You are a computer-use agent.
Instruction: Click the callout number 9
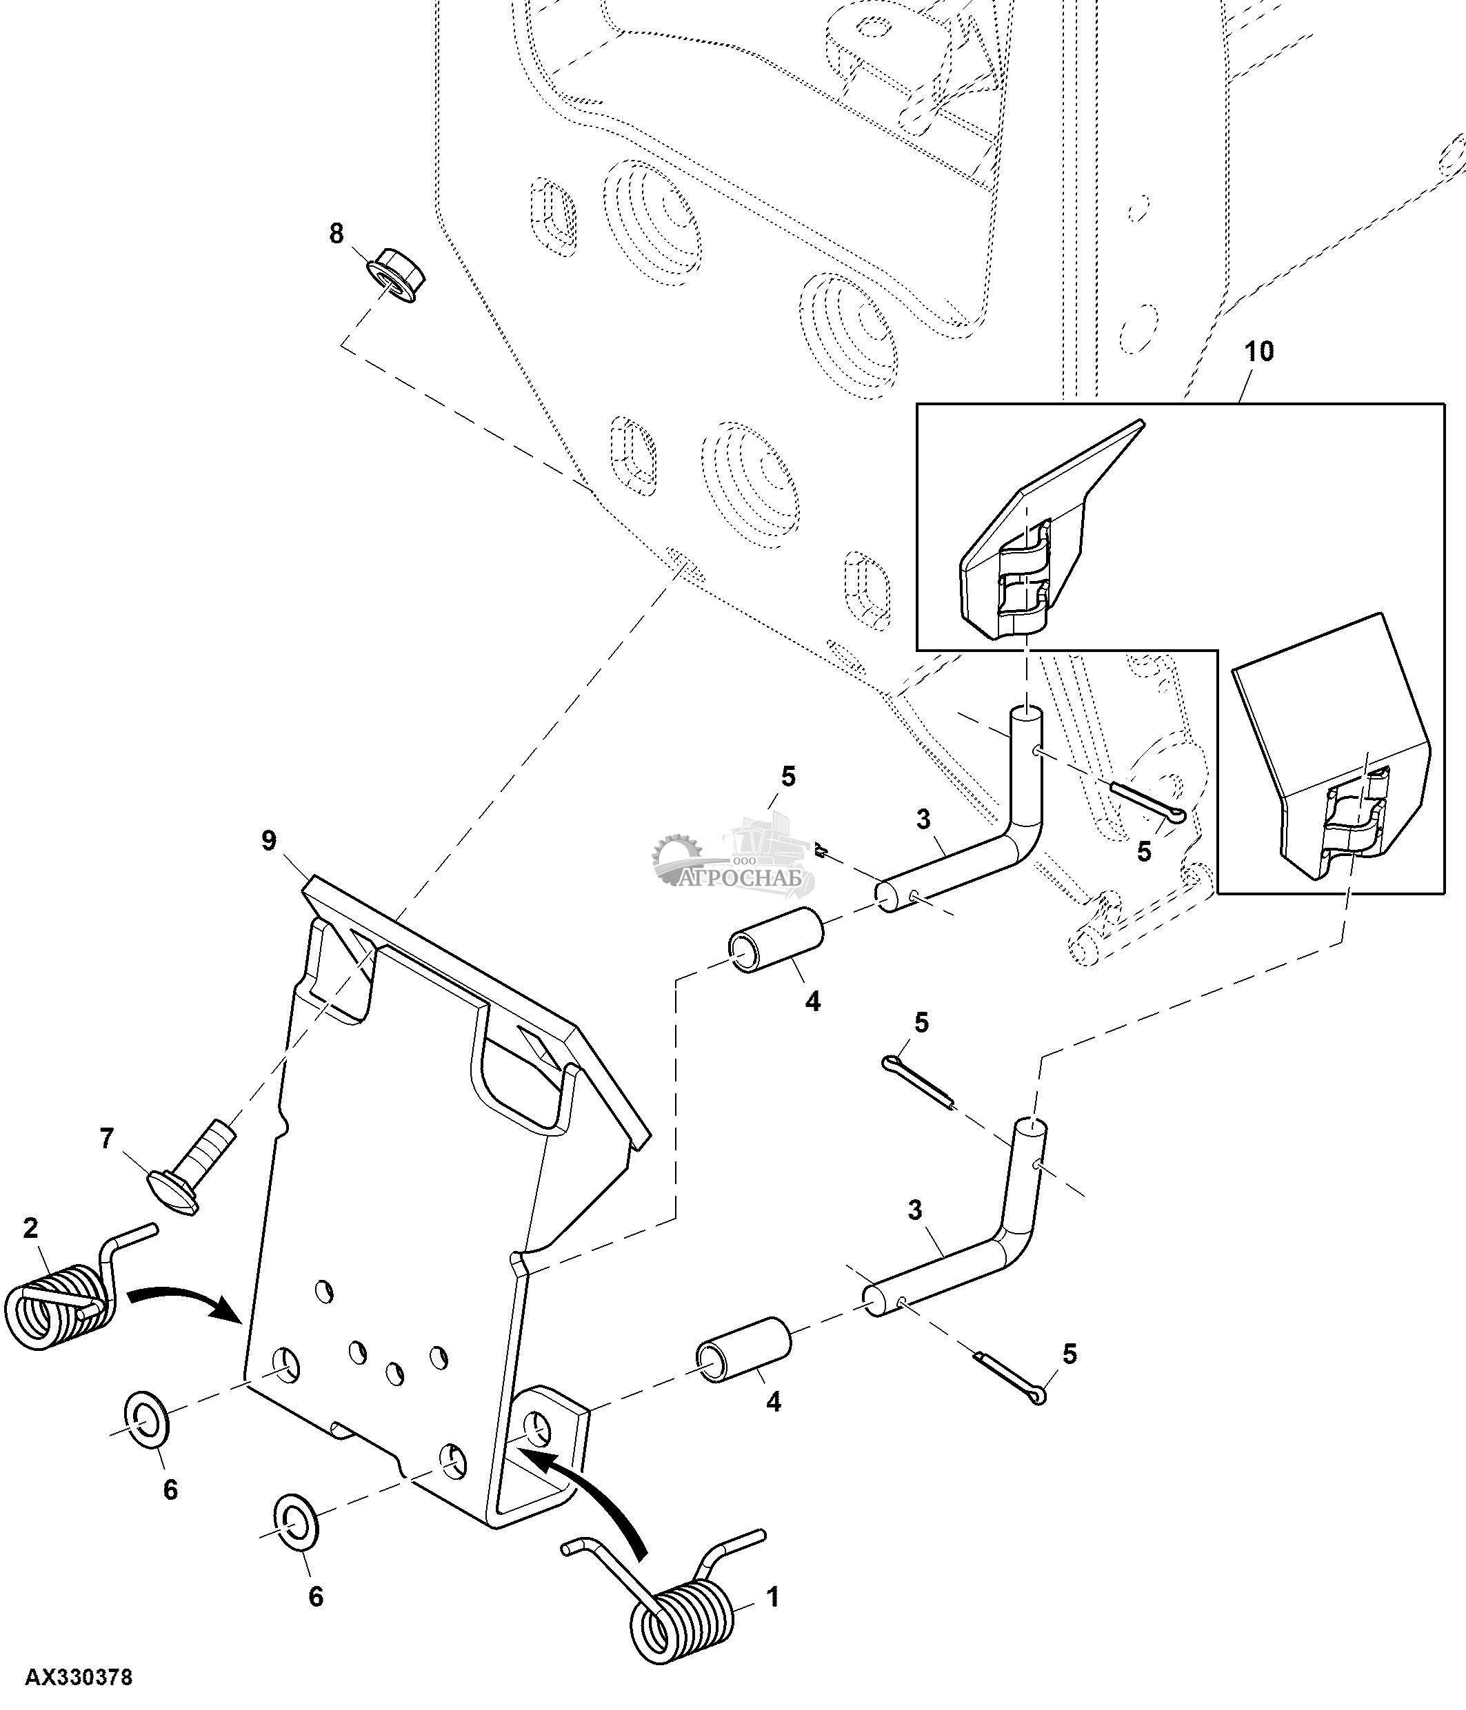[269, 841]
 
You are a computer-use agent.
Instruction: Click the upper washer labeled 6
[146, 1422]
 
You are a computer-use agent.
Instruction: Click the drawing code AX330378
[79, 1678]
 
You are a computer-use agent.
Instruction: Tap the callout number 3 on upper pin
[923, 820]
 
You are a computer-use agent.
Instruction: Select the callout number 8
[336, 234]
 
